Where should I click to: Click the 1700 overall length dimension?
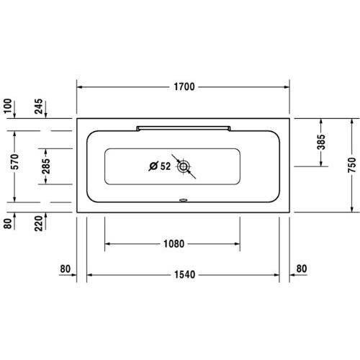pyautogui.click(x=184, y=88)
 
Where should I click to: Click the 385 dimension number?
pyautogui.click(x=321, y=143)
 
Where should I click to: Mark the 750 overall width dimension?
pyautogui.click(x=351, y=166)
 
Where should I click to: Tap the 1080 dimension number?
pyautogui.click(x=174, y=244)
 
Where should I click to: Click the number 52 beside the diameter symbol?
pyautogui.click(x=165, y=166)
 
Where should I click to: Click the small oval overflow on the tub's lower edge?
pyautogui.click(x=184, y=201)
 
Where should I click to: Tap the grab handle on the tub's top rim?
pyautogui.click(x=183, y=126)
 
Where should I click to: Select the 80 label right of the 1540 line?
pyautogui.click(x=301, y=270)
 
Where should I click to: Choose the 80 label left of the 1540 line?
pyautogui.click(x=66, y=270)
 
